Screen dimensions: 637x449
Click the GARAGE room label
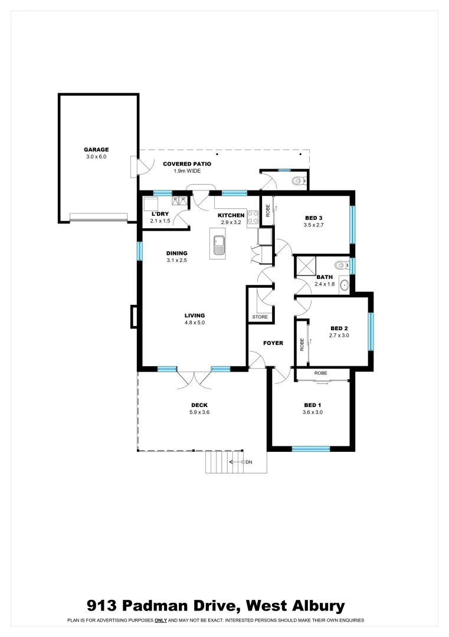[x=96, y=150]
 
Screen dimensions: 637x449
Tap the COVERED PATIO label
[x=187, y=164]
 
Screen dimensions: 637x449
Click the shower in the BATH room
[x=306, y=267]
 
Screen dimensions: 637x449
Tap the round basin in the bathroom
[x=345, y=285]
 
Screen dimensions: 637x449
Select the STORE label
[x=260, y=317]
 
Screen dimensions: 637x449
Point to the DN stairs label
[x=248, y=462]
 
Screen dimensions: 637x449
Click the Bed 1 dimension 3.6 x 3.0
[x=313, y=412]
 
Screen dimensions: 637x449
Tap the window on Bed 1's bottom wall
[x=311, y=449]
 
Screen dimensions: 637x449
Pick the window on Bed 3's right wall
[x=352, y=224]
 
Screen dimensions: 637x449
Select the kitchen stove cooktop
[x=253, y=217]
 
